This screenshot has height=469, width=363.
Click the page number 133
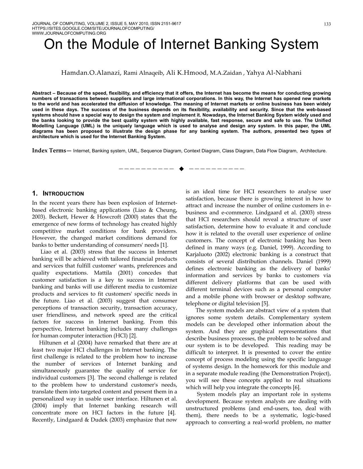click(327, 24)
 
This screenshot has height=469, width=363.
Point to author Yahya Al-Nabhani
click(274, 73)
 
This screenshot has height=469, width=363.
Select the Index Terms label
click(49, 151)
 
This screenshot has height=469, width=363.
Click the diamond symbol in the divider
click(181, 169)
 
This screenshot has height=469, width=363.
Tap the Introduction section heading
click(63, 194)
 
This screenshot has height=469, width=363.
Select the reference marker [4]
click(171, 413)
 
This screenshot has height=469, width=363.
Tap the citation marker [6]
click(296, 387)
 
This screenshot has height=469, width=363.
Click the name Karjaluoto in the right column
click(198, 255)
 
